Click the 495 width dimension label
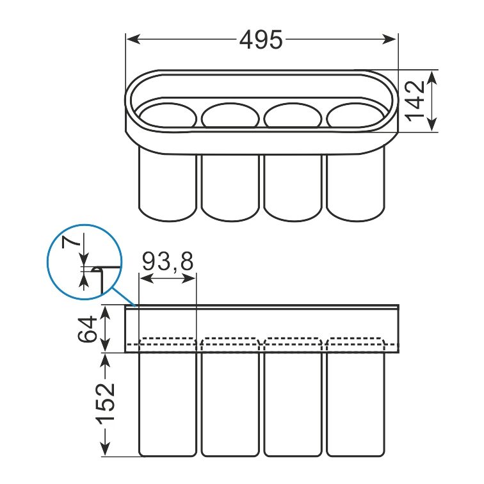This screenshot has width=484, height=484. [x=261, y=40]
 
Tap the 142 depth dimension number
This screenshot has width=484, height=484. [x=415, y=101]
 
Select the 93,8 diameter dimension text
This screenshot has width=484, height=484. [x=168, y=261]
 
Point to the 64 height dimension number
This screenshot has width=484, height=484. [x=87, y=329]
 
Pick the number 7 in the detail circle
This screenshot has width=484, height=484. [x=70, y=242]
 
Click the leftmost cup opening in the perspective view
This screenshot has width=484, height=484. [x=168, y=116]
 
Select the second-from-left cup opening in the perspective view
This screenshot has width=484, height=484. [x=230, y=115]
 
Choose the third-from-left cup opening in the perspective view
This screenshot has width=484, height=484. [x=293, y=115]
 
